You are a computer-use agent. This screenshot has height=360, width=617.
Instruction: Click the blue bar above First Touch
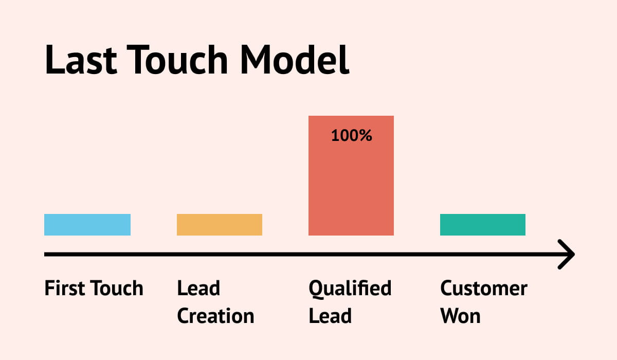[87, 225]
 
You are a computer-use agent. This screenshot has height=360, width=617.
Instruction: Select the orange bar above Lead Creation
[220, 225]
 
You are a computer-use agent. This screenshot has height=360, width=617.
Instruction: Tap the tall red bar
[351, 185]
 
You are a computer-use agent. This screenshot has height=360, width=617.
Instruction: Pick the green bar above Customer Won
[483, 225]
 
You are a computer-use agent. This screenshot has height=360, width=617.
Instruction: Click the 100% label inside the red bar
[351, 136]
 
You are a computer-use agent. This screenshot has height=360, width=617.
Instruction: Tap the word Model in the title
[295, 60]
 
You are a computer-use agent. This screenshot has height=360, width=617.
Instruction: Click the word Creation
[215, 316]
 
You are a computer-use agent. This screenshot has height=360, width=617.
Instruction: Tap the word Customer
[484, 289]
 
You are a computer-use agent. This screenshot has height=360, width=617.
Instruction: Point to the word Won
[460, 316]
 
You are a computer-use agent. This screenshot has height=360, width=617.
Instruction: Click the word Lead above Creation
[198, 289]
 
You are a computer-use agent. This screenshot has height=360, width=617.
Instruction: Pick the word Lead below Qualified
[330, 316]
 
